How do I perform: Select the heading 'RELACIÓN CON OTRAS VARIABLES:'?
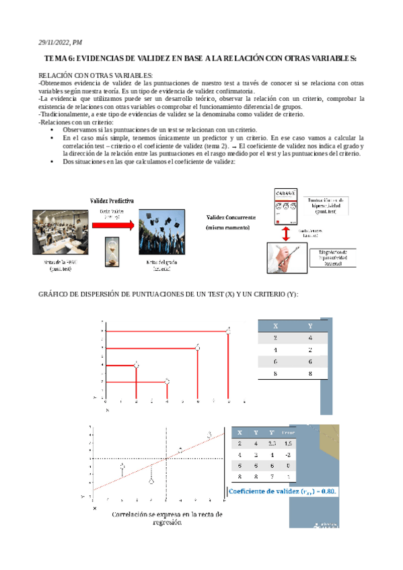96,75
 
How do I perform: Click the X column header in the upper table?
276,324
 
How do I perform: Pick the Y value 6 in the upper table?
309,361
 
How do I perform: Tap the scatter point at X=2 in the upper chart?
137,364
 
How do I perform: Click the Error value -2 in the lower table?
289,456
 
